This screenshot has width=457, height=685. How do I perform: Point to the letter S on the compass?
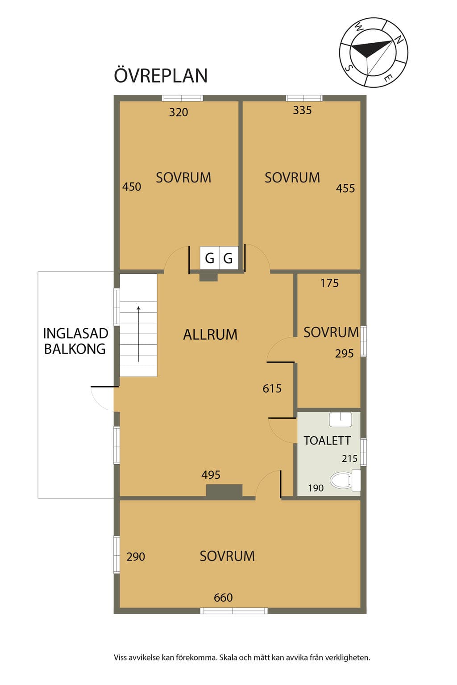(x=348, y=68)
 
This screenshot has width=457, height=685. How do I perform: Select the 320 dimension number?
(x=179, y=112)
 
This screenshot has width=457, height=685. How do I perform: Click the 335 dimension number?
(x=302, y=110)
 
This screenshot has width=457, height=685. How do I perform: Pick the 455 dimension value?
(x=345, y=188)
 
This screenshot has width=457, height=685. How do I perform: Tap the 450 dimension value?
(x=132, y=186)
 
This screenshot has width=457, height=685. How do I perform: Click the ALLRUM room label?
(x=210, y=334)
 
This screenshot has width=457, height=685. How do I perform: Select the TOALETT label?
(x=327, y=440)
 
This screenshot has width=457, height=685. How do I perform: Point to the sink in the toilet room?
(x=341, y=420)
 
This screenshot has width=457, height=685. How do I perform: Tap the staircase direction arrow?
(x=138, y=334)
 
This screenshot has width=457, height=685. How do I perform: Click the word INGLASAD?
(x=75, y=333)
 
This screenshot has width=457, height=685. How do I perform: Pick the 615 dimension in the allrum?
(x=272, y=388)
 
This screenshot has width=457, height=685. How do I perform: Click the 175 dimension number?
(x=329, y=283)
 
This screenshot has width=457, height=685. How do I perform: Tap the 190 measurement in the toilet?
(x=316, y=488)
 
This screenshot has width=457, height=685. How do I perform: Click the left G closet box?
(x=210, y=258)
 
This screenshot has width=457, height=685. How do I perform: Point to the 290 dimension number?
(x=136, y=557)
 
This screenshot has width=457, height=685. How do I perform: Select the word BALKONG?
(x=75, y=349)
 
